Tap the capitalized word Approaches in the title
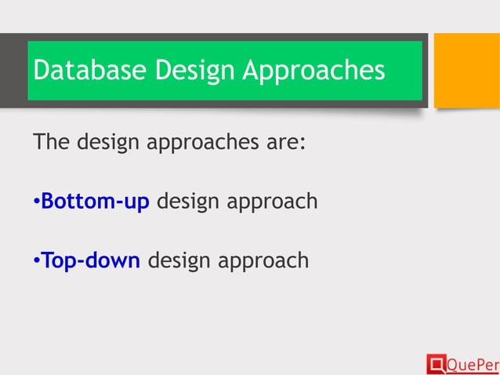(313, 71)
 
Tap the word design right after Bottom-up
(189, 203)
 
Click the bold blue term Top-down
(91, 260)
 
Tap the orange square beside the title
(466, 70)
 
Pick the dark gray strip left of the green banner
(13, 70)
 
